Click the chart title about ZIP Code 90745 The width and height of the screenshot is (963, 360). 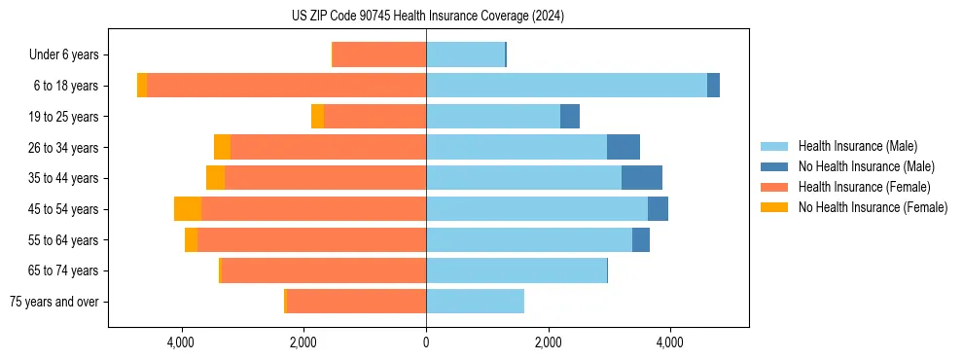click(427, 16)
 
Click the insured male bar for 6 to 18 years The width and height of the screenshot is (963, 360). click(566, 86)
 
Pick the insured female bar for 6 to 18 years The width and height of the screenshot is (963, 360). click(286, 86)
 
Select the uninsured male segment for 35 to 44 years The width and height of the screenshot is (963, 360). click(642, 178)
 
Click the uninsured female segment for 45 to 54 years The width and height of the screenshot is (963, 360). click(188, 209)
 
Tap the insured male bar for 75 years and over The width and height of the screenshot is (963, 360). click(475, 302)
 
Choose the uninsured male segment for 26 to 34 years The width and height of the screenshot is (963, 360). click(624, 147)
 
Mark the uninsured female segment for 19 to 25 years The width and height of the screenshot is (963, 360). click(317, 117)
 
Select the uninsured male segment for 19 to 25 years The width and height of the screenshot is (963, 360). click(570, 117)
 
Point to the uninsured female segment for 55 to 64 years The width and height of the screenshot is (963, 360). click(191, 239)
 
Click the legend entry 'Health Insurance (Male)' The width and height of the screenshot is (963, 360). click(857, 146)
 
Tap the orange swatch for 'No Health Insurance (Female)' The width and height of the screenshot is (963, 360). click(775, 207)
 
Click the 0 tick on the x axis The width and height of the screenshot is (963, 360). click(426, 342)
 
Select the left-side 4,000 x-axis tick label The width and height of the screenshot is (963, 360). click(182, 342)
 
